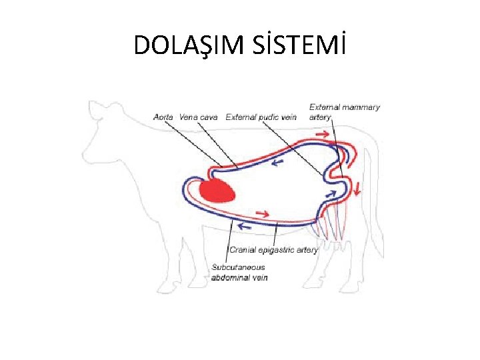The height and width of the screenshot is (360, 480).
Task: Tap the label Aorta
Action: pyautogui.click(x=163, y=117)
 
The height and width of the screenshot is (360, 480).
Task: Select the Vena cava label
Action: pyautogui.click(x=199, y=117)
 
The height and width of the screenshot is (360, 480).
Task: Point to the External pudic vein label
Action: pyautogui.click(x=261, y=117)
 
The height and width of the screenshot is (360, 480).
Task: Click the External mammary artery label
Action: pyautogui.click(x=344, y=111)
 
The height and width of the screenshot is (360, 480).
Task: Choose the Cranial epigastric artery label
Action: pyautogui.click(x=273, y=250)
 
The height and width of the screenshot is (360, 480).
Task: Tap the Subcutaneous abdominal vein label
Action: pyautogui.click(x=239, y=272)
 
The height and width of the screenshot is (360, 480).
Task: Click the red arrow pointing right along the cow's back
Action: pyautogui.click(x=321, y=135)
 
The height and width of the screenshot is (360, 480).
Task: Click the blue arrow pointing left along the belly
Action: pyautogui.click(x=245, y=226)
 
